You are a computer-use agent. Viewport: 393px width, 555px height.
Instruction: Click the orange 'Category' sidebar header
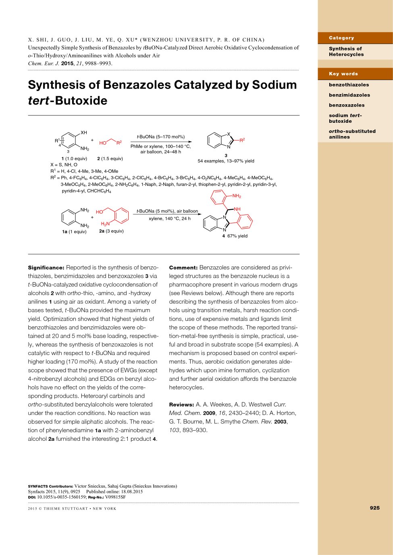point(341,38)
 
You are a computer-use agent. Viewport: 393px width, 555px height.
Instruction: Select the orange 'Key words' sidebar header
point(343,74)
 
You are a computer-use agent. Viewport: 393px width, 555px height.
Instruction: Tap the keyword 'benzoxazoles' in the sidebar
point(346,105)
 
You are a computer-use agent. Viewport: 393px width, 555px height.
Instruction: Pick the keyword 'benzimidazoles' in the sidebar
point(349,95)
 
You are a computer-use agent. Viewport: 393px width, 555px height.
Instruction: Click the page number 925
point(374,508)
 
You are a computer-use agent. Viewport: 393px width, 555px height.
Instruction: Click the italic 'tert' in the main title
point(38,101)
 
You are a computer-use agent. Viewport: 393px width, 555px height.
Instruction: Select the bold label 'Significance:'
point(46,268)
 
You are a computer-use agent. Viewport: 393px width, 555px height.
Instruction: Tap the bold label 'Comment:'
point(183,268)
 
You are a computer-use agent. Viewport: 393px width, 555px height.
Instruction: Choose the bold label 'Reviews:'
point(181,404)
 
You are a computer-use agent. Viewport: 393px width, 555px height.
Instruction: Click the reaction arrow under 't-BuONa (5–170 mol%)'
point(161,142)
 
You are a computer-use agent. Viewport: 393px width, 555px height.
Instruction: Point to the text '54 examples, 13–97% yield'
point(226,161)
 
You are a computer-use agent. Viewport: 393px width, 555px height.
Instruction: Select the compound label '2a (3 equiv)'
point(111,231)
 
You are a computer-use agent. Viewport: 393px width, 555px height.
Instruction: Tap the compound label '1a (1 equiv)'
point(74,232)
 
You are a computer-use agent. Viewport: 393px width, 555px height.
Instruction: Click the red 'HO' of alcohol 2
point(103,143)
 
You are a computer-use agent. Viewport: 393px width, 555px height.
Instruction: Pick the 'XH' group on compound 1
point(83,132)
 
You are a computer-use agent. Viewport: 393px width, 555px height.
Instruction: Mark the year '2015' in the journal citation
point(67,64)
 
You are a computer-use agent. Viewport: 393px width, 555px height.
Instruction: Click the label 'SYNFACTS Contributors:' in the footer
point(50,486)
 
